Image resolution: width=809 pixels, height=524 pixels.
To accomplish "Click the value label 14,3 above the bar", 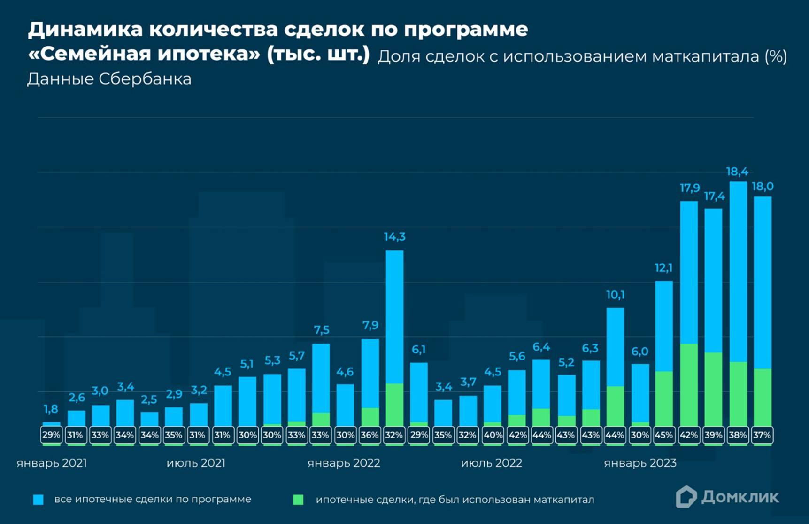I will coord(394,237).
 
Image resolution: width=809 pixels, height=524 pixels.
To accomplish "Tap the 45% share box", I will coord(663,435).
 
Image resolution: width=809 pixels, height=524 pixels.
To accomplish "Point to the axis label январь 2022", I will coord(344,463).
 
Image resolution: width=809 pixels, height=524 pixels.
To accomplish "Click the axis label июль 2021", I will coord(196,463).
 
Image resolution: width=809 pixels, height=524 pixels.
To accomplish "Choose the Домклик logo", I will coord(727,497).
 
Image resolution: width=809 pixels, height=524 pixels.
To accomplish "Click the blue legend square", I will coord(39,500).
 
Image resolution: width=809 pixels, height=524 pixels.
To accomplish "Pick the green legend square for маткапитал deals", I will coord(298,500).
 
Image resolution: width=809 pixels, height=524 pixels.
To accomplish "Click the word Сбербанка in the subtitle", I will coord(145,79).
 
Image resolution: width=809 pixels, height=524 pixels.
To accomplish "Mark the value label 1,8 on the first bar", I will coord(51,409).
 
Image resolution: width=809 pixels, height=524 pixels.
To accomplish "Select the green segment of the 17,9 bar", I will coord(688,385).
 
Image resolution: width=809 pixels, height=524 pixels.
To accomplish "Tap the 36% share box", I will coord(370,435).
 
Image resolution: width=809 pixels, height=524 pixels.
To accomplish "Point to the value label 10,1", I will coord(615,295).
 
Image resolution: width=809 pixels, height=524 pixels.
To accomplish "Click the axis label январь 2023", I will coord(640,463).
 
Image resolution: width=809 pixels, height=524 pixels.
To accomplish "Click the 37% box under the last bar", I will coord(762,435).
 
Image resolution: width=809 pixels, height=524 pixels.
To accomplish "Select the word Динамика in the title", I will coord(85,30).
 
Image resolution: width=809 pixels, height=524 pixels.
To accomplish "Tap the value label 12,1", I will coord(663,268).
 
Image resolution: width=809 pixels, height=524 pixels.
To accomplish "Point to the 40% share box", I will coord(493,435).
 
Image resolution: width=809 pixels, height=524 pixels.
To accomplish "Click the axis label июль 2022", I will coord(491,463).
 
